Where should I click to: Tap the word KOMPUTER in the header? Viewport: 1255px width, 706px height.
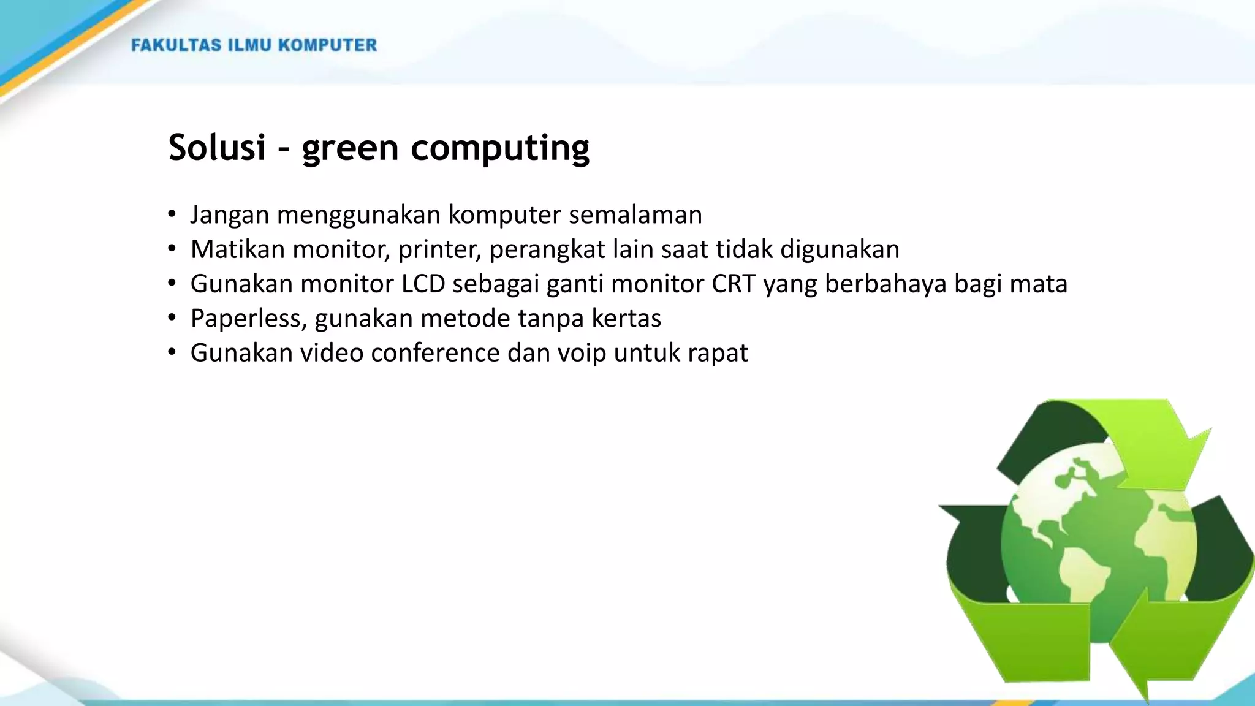click(327, 45)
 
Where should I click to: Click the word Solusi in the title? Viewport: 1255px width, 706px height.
click(217, 148)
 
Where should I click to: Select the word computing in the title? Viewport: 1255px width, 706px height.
click(499, 149)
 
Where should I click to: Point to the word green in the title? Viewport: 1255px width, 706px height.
click(350, 149)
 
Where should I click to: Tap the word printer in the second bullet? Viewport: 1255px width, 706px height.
click(439, 250)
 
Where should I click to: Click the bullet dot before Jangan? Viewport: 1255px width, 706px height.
click(172, 215)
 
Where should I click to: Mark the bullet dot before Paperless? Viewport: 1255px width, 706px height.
click(172, 319)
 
